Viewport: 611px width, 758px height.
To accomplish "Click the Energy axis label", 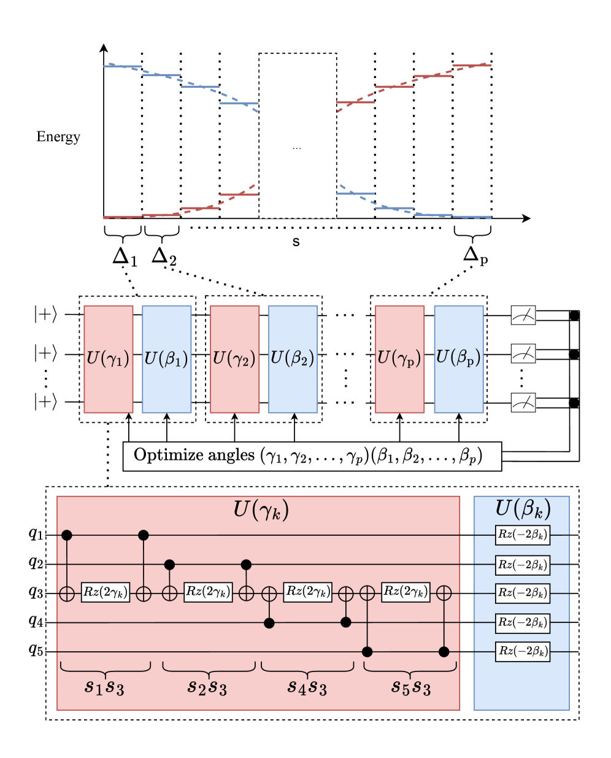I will pyautogui.click(x=58, y=136).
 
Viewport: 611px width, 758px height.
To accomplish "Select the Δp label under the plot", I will pyautogui.click(x=475, y=255).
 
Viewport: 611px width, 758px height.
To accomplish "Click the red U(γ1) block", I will pyautogui.click(x=109, y=358).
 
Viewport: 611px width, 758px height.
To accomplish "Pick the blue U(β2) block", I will pyautogui.click(x=293, y=358).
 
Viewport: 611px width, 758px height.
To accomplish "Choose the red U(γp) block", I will pyautogui.click(x=399, y=358).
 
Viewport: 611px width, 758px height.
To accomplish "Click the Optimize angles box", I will pyautogui.click(x=312, y=456).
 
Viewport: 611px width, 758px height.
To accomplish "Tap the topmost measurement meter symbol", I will pyautogui.click(x=523, y=316).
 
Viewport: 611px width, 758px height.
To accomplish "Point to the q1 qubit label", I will pyautogui.click(x=36, y=533).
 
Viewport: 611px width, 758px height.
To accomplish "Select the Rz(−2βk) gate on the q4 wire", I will pyautogui.click(x=523, y=623).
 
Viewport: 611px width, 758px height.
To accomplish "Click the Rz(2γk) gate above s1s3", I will pyautogui.click(x=106, y=593).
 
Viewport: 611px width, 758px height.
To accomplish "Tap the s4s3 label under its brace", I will pyautogui.click(x=307, y=687).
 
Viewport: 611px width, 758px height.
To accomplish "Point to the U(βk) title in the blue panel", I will pyautogui.click(x=523, y=509).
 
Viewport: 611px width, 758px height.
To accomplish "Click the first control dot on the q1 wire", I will pyautogui.click(x=67, y=535).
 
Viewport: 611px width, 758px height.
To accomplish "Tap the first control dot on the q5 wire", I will pyautogui.click(x=367, y=652).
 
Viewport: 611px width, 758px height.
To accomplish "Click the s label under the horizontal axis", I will pyautogui.click(x=296, y=241).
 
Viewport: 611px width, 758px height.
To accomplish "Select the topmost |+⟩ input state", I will pyautogui.click(x=45, y=315).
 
